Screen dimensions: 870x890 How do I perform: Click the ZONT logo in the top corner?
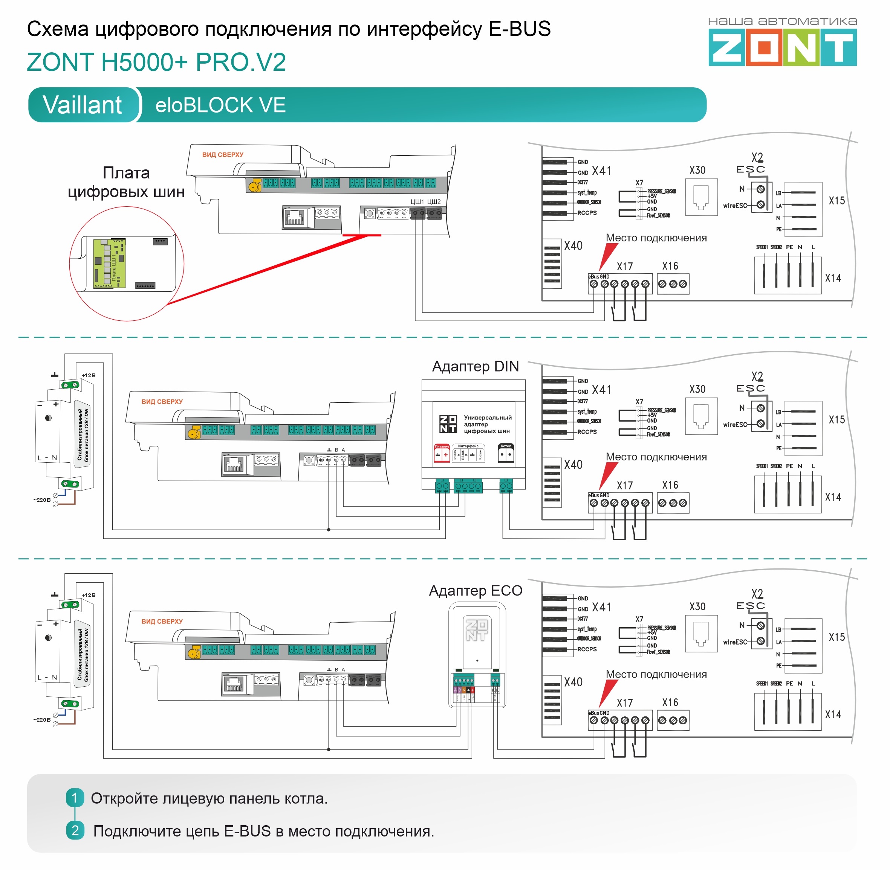pyautogui.click(x=782, y=47)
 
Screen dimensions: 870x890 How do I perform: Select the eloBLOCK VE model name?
pyautogui.click(x=220, y=105)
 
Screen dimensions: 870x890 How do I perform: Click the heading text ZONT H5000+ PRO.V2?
pyautogui.click(x=156, y=62)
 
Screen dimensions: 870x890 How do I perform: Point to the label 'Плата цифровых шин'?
pyautogui.click(x=126, y=182)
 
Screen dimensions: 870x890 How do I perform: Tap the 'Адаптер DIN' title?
pyautogui.click(x=475, y=366)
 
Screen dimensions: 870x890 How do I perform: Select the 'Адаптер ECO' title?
pyautogui.click(x=475, y=590)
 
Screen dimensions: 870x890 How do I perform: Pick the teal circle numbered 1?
pyautogui.click(x=75, y=798)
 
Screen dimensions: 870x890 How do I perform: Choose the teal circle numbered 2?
pyautogui.click(x=75, y=830)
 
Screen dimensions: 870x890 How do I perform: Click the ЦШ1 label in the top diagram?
pyautogui.click(x=417, y=201)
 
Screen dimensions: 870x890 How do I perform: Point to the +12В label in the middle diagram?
pyautogui.click(x=88, y=375)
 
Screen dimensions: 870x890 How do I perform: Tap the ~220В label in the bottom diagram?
pyautogui.click(x=41, y=720)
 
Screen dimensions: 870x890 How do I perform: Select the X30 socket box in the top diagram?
pyautogui.click(x=701, y=197)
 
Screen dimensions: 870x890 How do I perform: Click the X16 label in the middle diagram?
pyautogui.click(x=670, y=485)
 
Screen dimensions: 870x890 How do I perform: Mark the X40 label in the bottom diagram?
pyautogui.click(x=573, y=682)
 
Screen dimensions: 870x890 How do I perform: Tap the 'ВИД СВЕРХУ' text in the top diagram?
pyautogui.click(x=223, y=155)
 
